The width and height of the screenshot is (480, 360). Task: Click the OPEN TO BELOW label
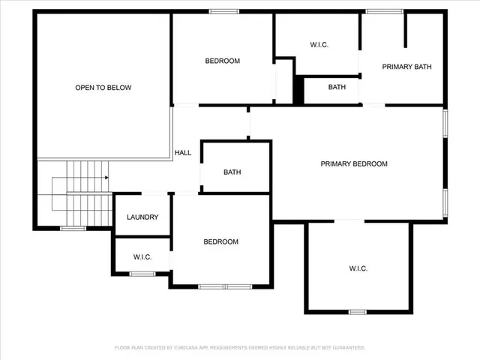point(103,88)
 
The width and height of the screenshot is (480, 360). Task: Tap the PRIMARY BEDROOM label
point(354,163)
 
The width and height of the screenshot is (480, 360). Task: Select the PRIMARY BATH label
point(406,67)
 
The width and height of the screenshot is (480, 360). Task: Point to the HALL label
point(182,152)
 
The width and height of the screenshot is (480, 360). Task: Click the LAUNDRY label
point(142,217)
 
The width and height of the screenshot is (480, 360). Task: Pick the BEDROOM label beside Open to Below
point(223,61)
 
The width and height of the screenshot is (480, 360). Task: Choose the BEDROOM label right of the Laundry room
point(221,241)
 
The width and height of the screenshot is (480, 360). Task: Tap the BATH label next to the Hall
point(232,172)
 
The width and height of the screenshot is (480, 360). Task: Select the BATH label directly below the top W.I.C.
point(337,87)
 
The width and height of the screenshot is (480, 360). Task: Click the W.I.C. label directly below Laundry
point(142,257)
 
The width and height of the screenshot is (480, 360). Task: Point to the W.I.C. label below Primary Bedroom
point(358,268)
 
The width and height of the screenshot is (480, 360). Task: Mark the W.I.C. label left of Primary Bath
point(319,45)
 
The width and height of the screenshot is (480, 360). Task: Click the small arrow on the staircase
point(107,178)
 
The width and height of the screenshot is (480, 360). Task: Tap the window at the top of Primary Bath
point(376,11)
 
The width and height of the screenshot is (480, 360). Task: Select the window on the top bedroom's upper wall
point(223,11)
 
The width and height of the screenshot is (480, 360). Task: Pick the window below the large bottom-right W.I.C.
point(358,311)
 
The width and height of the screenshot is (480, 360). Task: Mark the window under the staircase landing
point(73,228)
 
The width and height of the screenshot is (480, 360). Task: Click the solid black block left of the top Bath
point(298,91)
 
